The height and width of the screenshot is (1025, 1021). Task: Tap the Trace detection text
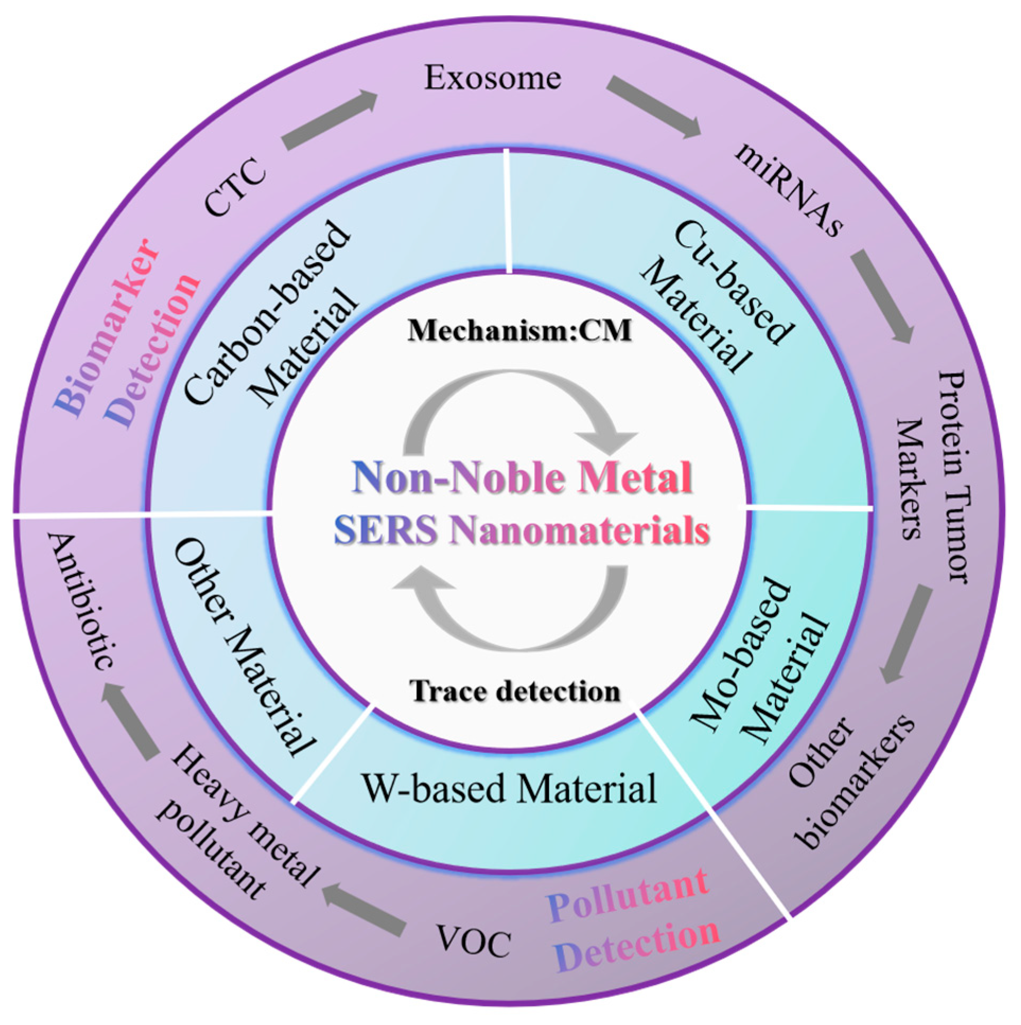pos(515,692)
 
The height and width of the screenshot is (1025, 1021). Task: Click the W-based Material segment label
pos(509,788)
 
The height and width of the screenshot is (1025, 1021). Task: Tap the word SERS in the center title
pos(385,531)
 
